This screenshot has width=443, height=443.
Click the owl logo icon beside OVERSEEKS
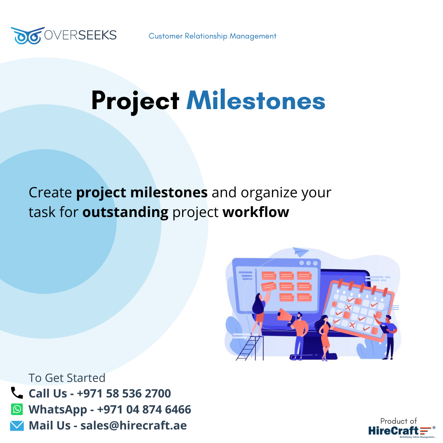pos(27,36)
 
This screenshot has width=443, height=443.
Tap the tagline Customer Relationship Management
pos(212,36)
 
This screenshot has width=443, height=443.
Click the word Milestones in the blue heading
pos(256,100)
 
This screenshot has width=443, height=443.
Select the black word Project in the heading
pos(135,102)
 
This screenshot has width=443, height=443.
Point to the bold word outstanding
pos(126,212)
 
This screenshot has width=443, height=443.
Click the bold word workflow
pos(256,212)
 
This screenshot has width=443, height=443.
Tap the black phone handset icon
pos(17,393)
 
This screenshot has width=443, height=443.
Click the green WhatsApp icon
pos(17,409)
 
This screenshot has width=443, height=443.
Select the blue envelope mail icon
pos(17,426)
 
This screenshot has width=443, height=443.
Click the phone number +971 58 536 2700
pos(124,393)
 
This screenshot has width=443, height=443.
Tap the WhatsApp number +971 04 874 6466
pos(144,409)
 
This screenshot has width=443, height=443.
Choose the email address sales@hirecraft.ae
pos(133,425)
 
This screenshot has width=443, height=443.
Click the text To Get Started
pos(67,378)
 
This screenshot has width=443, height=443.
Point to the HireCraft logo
pos(402,431)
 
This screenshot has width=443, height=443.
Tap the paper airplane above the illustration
pos(300,251)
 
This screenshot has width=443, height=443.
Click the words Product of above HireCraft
pos(398,421)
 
